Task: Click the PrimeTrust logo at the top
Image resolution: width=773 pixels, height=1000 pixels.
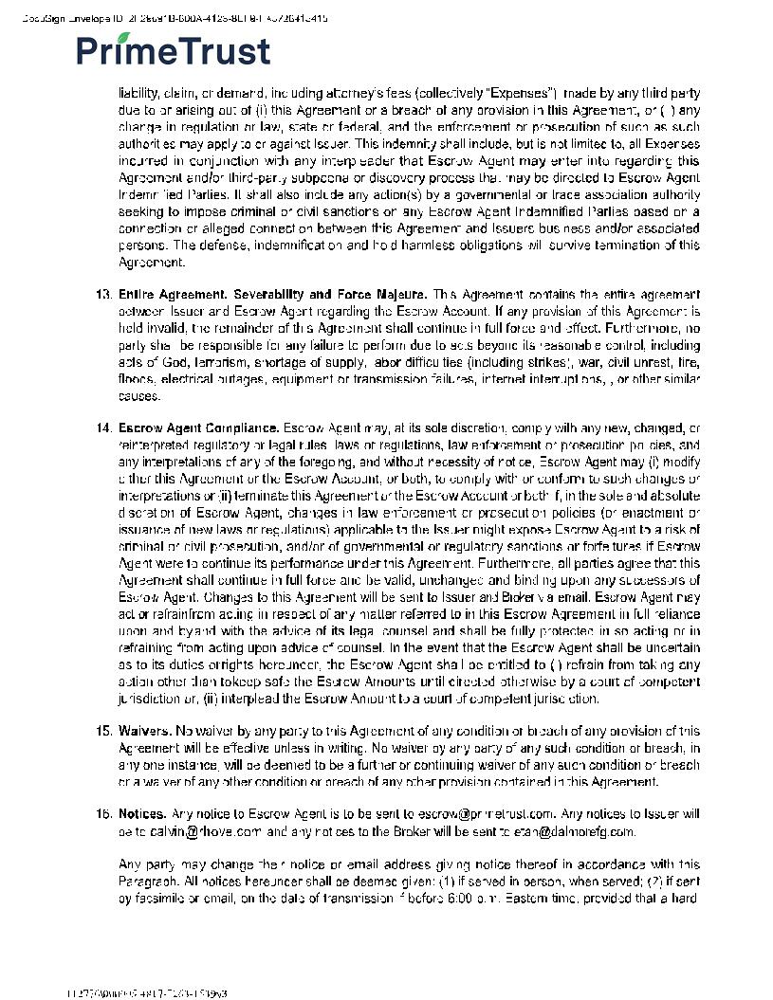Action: (174, 50)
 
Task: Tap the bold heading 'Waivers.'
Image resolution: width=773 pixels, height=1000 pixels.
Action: (144, 731)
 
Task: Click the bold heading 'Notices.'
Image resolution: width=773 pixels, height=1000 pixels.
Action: (142, 814)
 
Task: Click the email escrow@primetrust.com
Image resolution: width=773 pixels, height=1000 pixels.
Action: (486, 814)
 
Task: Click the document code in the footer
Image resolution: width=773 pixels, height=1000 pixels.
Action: (146, 993)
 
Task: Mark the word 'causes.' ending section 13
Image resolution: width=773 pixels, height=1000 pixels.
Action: (139, 396)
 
